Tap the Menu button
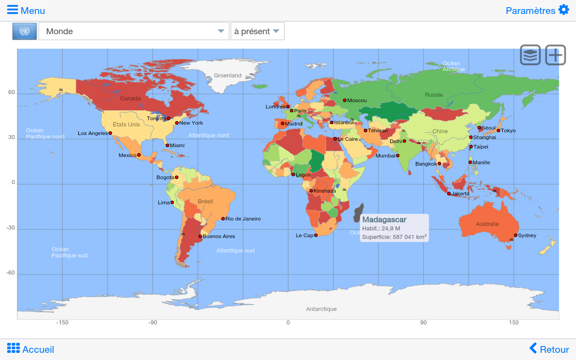(26, 10)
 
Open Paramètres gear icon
(563, 10)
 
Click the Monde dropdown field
(134, 31)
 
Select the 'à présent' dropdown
(257, 31)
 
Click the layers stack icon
(531, 55)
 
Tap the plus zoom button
(556, 55)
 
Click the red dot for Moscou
(345, 100)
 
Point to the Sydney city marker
(515, 235)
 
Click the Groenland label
(228, 76)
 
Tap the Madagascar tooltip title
(384, 220)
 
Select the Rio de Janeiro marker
(223, 219)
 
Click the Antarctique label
(321, 309)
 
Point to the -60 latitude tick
(10, 273)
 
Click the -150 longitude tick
(62, 323)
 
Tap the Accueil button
(31, 349)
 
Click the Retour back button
(549, 349)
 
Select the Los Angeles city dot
(110, 133)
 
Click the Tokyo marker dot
(498, 130)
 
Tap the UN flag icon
(24, 31)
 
